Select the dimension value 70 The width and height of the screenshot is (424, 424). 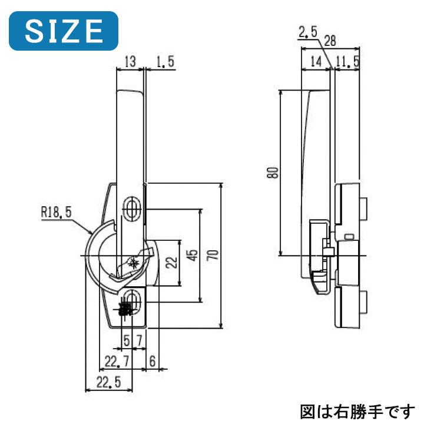[214, 254]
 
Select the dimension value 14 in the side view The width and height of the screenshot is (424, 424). [316, 61]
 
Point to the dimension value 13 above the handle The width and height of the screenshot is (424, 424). [130, 61]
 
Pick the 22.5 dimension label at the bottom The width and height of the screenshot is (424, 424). [108, 382]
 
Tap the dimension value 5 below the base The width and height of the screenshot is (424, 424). [126, 340]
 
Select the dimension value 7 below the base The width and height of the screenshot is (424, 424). [138, 340]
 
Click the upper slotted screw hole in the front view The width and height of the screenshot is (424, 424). [131, 208]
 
